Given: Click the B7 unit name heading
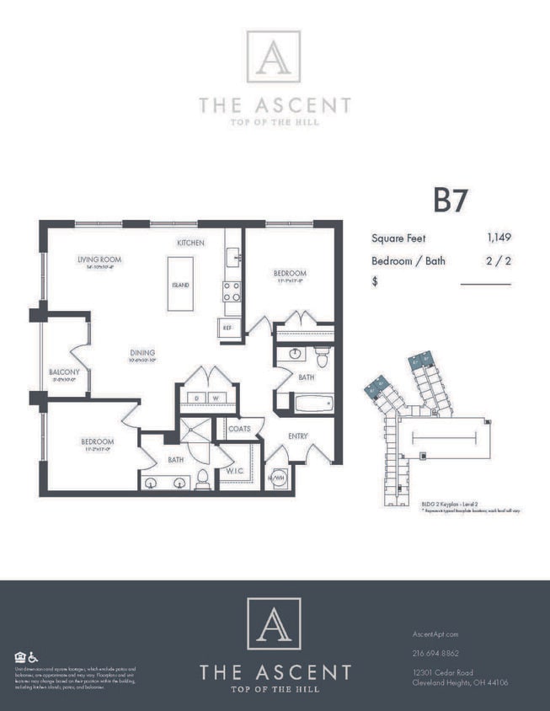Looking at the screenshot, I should (x=451, y=201).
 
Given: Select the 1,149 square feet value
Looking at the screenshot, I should (x=499, y=238).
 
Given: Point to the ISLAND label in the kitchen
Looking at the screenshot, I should (x=180, y=285).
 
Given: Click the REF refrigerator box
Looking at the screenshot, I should (x=227, y=328).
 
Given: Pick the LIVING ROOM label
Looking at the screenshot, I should (x=95, y=259).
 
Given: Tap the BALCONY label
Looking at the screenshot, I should (x=64, y=372).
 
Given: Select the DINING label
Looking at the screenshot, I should (x=142, y=353).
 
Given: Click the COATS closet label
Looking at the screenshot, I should (x=238, y=429).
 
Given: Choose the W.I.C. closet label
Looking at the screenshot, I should (x=233, y=472).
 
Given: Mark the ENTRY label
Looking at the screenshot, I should (x=297, y=436).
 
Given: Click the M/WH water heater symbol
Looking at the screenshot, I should (x=276, y=478).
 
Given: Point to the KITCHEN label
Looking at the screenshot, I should (x=190, y=243).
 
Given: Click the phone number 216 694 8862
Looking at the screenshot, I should (x=436, y=653).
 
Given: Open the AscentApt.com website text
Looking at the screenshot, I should (x=435, y=634).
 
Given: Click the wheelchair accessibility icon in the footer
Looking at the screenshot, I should (x=34, y=657).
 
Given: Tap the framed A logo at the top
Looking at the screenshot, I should (x=274, y=56).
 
